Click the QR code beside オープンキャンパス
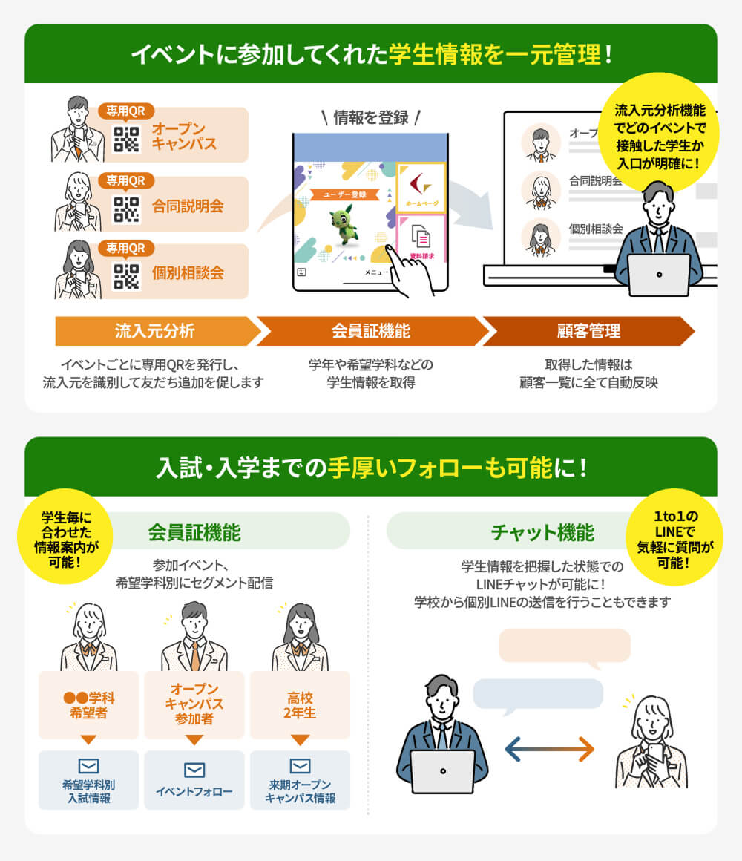[x=126, y=140]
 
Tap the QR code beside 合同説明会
[x=126, y=209]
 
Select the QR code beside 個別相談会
[x=126, y=276]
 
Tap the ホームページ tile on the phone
[x=421, y=187]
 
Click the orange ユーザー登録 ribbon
[x=344, y=195]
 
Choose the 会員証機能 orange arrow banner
[x=370, y=331]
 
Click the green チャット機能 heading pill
[x=542, y=532]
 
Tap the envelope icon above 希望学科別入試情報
[x=88, y=766]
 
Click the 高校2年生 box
[x=300, y=704]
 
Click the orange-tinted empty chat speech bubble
[x=564, y=646]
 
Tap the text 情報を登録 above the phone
[x=371, y=117]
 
